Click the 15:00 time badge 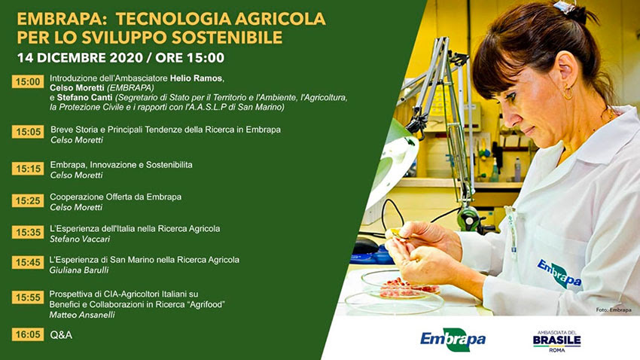pyautogui.click(x=28, y=81)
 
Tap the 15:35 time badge pyautogui.click(x=28, y=232)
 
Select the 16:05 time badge pyautogui.click(x=28, y=334)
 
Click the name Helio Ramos pyautogui.click(x=197, y=78)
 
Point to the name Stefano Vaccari pyautogui.click(x=80, y=239)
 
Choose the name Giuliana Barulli pyautogui.click(x=79, y=270)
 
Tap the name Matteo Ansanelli pyautogui.click(x=82, y=315)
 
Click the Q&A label pyautogui.click(x=61, y=335)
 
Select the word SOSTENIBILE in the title pyautogui.click(x=227, y=37)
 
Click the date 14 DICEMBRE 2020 pyautogui.click(x=80, y=57)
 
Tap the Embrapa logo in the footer pyautogui.click(x=453, y=339)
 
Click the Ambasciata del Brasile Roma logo pyautogui.click(x=556, y=341)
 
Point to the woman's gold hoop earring pyautogui.click(x=568, y=93)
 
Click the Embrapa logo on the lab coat pyautogui.click(x=559, y=273)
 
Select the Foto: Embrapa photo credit pyautogui.click(x=614, y=310)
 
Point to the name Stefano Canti pyautogui.click(x=85, y=98)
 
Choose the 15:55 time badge pyautogui.click(x=28, y=297)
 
